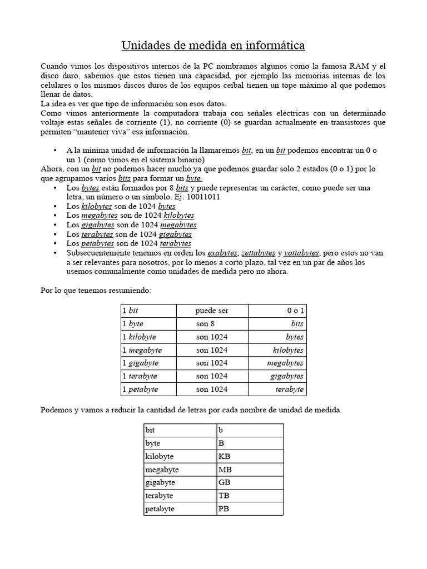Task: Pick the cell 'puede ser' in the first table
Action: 212,311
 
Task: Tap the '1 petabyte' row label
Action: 140,389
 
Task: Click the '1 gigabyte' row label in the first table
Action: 140,363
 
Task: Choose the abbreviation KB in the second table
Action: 224,456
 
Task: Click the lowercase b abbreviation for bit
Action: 221,430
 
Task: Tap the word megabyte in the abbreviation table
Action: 162,470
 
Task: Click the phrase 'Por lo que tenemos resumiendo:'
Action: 96,290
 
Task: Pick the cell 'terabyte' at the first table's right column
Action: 289,389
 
